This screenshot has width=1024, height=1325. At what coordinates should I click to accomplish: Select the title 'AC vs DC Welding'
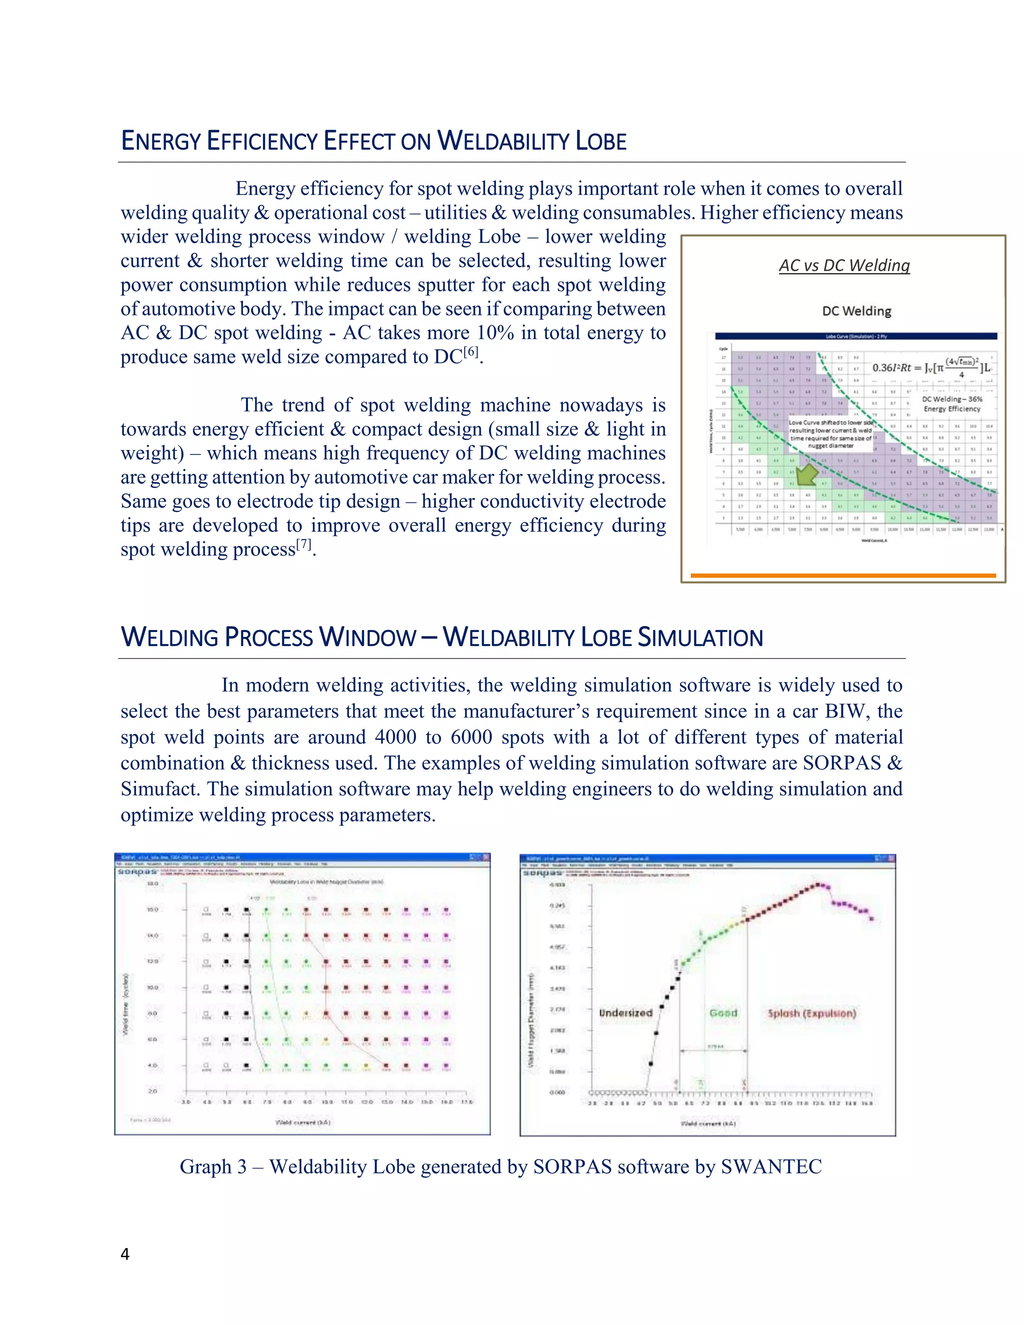pos(844,265)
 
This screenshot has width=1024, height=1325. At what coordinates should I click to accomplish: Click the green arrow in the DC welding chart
pos(806,474)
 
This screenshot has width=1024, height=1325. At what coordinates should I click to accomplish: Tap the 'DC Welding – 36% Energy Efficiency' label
pos(951,404)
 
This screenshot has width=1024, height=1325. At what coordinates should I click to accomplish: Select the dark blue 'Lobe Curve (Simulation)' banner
pos(855,336)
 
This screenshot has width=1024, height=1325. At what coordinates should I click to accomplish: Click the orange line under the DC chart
pos(843,575)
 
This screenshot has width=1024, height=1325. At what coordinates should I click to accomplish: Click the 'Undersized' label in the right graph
pos(625,1012)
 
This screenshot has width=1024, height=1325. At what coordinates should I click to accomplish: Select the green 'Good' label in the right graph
pos(723,1012)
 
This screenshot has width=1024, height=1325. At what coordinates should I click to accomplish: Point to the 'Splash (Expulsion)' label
pos(811,1012)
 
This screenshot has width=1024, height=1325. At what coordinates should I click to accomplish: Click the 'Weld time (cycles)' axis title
pos(125,1004)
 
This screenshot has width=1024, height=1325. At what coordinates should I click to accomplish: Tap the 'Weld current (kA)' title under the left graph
pos(302,1122)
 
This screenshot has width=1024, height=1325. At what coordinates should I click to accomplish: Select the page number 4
pos(125,1254)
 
